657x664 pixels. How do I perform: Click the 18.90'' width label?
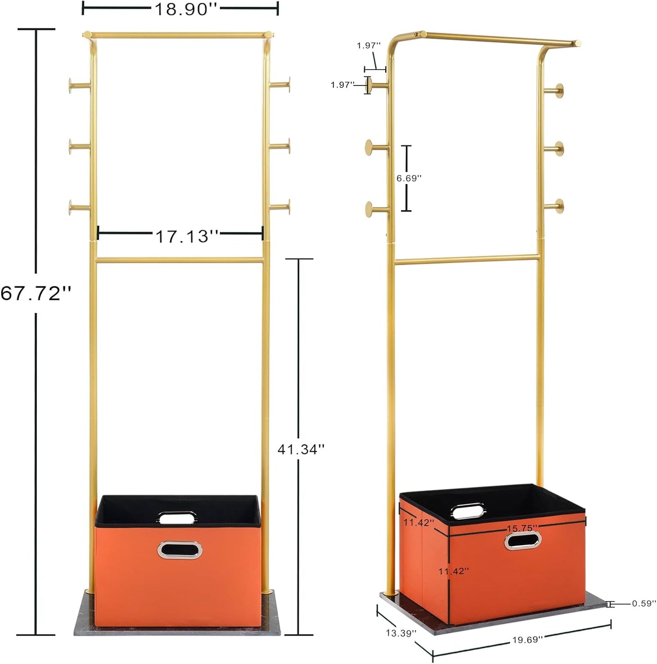coord(181,9)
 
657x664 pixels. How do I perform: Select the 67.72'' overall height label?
coord(36,294)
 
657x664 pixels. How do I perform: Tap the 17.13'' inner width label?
coord(187,236)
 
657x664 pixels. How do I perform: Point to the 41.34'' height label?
coord(301,449)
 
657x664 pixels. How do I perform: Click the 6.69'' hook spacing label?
coord(409,179)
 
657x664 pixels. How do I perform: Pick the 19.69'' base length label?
coord(527,639)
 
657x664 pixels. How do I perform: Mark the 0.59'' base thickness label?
coord(644,604)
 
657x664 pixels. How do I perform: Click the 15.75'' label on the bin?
coord(522,528)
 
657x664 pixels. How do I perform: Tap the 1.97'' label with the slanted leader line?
coord(368,45)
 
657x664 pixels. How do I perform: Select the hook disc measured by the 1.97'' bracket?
coord(370,85)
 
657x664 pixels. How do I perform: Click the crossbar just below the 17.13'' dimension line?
coord(180,260)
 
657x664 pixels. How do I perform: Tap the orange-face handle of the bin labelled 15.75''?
coord(522,540)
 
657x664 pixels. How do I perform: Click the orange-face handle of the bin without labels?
coord(179,549)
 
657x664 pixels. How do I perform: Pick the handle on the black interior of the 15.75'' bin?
coord(468,510)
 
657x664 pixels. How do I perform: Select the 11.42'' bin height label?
coord(453,571)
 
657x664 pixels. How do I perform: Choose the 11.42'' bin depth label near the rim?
coord(418,523)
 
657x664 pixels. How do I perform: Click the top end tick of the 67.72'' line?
coord(36,29)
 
